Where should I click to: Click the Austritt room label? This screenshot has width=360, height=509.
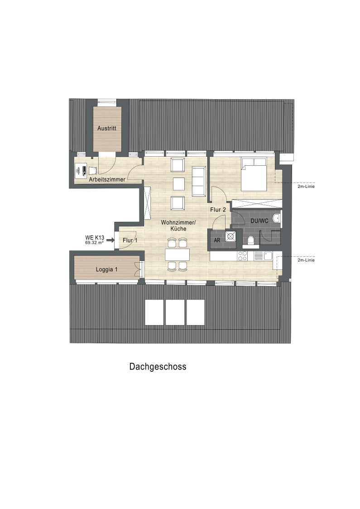[x=107, y=128]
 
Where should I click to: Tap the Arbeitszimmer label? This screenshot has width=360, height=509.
[x=107, y=179]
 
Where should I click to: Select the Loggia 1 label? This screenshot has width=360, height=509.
[x=106, y=269]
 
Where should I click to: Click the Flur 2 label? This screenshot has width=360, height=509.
[x=218, y=210]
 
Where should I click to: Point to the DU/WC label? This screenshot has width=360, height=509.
[x=259, y=221]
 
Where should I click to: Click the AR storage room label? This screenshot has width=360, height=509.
[x=217, y=240]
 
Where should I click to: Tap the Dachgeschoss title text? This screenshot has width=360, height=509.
[x=158, y=366]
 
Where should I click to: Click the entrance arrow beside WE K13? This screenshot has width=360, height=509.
[x=110, y=240]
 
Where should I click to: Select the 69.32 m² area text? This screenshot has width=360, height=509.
[x=95, y=242]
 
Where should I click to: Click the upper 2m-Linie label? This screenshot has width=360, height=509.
[x=306, y=186]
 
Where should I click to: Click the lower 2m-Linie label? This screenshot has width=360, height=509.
[x=306, y=260]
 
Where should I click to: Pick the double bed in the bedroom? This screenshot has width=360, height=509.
[x=254, y=174]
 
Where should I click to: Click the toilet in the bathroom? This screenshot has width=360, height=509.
[x=251, y=240]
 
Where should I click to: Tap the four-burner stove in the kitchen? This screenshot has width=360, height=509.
[x=242, y=256]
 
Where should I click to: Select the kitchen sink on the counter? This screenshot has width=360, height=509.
[x=268, y=256]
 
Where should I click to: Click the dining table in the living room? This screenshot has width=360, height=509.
[x=177, y=254]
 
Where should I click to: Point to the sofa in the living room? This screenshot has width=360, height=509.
[x=199, y=182]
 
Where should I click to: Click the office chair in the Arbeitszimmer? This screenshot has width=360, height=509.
[x=93, y=170]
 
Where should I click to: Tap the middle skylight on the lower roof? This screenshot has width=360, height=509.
[x=175, y=312]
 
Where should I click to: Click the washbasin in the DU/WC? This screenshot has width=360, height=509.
[x=277, y=218]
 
